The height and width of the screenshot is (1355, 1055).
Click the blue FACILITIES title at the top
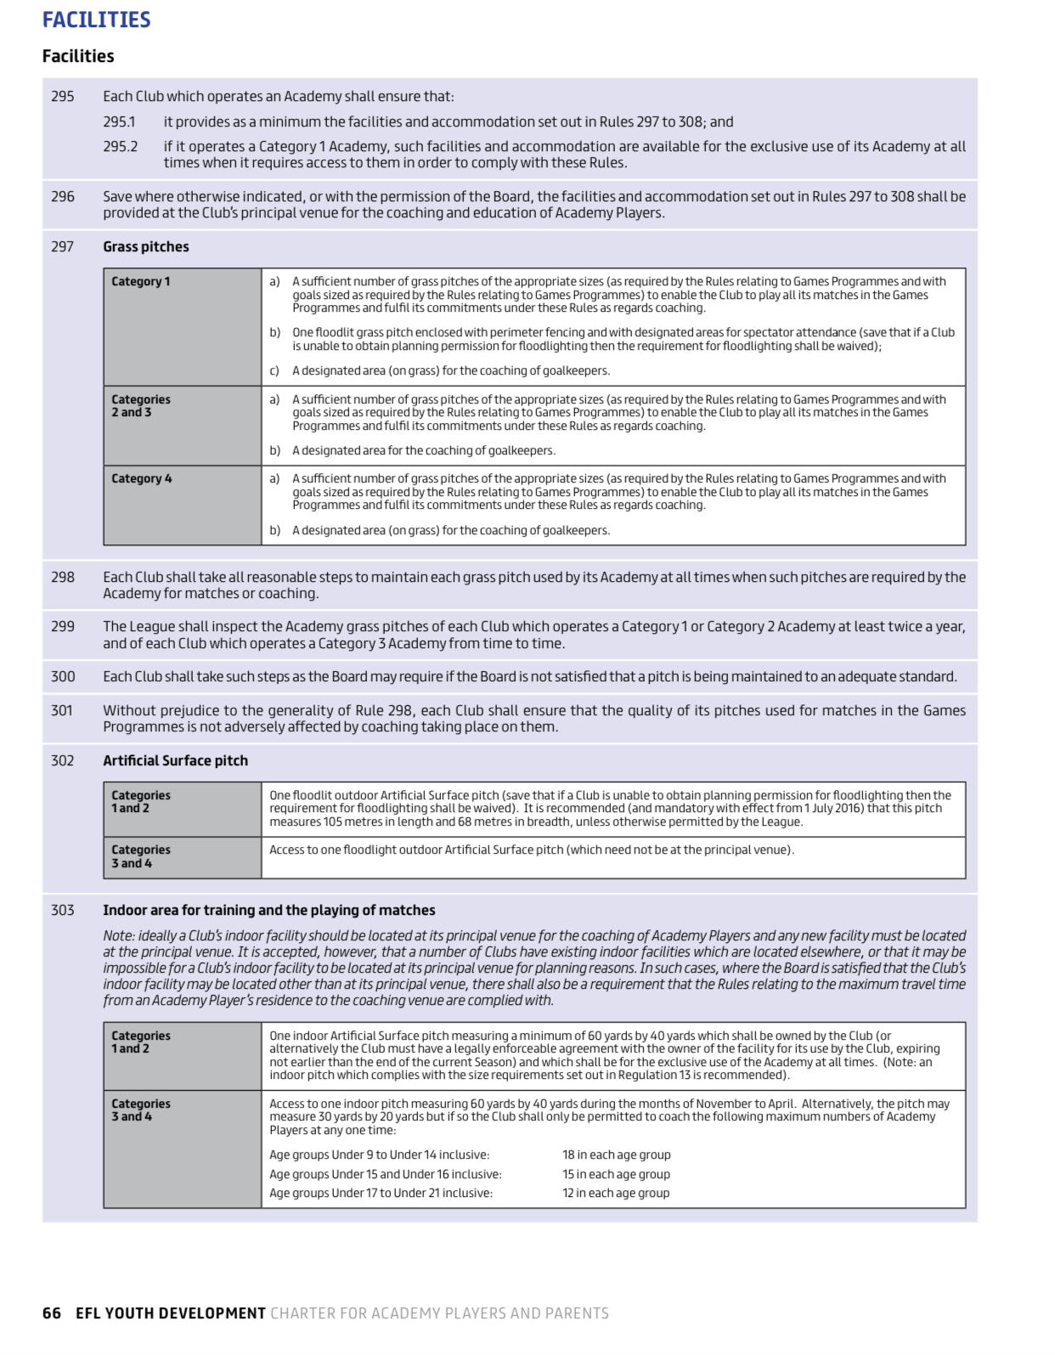coord(96,20)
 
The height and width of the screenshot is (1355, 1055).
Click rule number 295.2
coord(120,146)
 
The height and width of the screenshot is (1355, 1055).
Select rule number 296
coord(63,196)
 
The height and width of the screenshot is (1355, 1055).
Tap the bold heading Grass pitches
coord(146,246)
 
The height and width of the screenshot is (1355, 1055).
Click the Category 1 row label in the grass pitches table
coord(141,281)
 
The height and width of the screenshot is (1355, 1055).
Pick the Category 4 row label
coord(142,478)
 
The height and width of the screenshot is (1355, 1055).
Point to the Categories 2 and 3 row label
coord(141,405)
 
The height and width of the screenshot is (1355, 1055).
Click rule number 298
coord(63,577)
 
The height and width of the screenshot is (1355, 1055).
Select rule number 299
coord(63,626)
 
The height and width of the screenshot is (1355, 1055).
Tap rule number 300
coord(63,676)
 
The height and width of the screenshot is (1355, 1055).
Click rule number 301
coord(62,710)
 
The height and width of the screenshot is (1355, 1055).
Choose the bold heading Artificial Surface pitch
coord(176,760)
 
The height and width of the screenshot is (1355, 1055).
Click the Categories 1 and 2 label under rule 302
coord(141,801)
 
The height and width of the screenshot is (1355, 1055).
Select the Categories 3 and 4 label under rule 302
coord(141,855)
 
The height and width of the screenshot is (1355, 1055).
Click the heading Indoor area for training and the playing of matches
coord(269,910)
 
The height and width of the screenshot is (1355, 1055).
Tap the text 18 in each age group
coord(616,1155)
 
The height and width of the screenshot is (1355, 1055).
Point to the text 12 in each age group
coord(615,1193)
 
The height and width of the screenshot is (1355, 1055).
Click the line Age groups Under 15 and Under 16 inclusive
coord(386,1174)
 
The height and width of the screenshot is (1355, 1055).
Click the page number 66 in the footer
coord(52,1313)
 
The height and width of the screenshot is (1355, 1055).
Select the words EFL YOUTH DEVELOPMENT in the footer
coord(171,1313)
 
